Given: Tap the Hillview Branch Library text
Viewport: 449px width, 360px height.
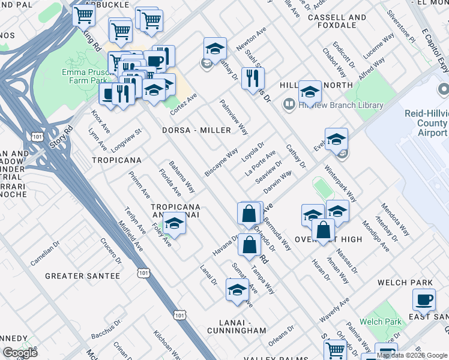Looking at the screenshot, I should [340, 105].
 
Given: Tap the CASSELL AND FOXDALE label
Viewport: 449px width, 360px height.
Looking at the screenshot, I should [337, 22].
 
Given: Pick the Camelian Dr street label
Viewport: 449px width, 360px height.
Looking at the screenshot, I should [46, 257].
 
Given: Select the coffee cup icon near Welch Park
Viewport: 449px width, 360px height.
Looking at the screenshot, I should [424, 299].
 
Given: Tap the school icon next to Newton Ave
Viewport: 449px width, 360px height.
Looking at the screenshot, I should [215, 47].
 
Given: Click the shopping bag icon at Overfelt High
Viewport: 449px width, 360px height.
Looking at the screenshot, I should [323, 229].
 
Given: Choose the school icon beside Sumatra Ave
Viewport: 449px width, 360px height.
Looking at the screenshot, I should [237, 289].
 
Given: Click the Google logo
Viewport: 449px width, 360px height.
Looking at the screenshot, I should [20, 353].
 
